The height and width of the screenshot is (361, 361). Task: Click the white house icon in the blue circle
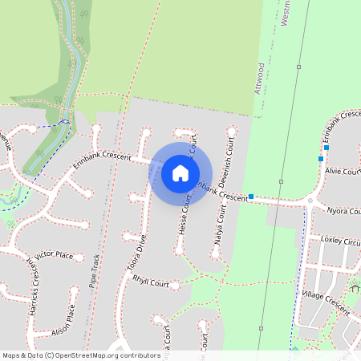[180, 172]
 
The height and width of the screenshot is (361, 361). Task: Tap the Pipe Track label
[95, 272]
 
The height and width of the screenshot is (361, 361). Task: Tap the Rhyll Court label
[150, 283]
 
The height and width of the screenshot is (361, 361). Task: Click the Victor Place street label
[54, 255]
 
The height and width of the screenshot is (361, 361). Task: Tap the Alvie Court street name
[343, 171]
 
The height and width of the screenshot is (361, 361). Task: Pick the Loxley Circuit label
[341, 240]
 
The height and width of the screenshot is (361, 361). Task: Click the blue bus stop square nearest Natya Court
[251, 197]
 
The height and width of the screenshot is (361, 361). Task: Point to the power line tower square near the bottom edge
[262, 328]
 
